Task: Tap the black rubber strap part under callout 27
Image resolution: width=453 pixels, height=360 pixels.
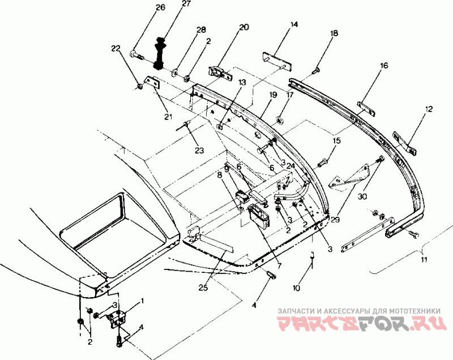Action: click(160, 54)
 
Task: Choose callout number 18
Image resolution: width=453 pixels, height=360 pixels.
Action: click(334, 33)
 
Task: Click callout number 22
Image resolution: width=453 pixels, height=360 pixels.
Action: click(116, 50)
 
